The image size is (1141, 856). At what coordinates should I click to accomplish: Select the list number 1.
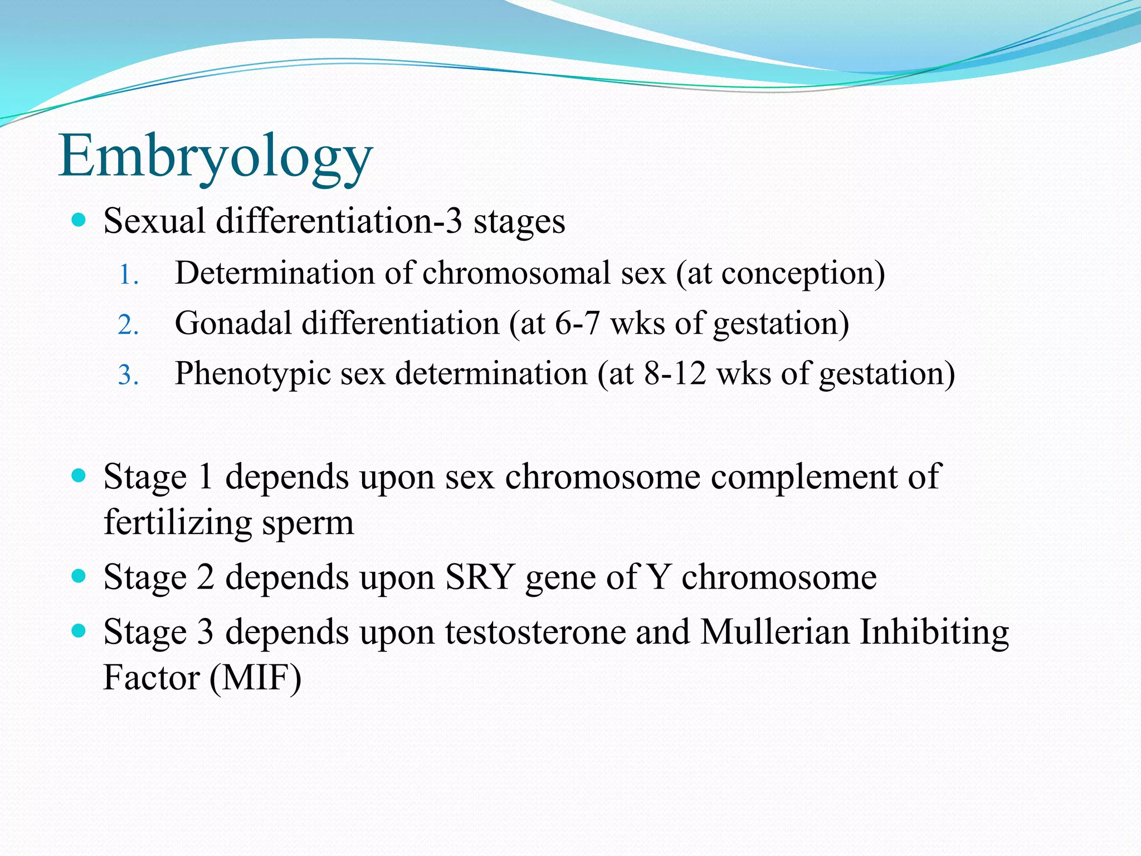click(x=128, y=275)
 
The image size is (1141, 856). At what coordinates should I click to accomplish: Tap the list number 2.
click(x=128, y=325)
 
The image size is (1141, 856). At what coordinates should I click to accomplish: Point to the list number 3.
click(x=128, y=375)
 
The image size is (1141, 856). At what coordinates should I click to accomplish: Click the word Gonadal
click(x=233, y=323)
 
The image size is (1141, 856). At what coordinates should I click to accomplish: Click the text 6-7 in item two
click(x=577, y=323)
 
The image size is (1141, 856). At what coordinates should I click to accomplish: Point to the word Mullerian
click(x=775, y=633)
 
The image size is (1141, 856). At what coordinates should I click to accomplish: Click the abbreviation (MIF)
click(x=256, y=678)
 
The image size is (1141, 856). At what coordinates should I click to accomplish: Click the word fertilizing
click(x=178, y=523)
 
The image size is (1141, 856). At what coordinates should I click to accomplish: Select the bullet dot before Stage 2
click(x=79, y=576)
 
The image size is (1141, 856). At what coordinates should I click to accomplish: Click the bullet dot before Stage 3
click(x=79, y=631)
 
